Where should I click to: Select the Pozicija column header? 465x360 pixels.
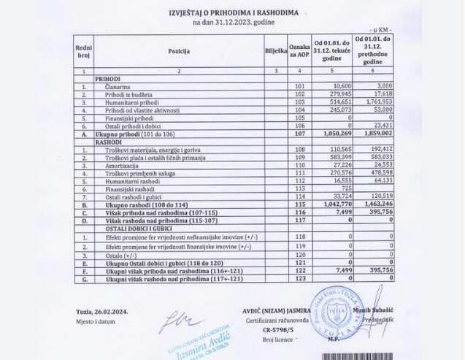click(179, 50)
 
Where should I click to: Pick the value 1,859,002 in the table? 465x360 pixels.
click(373, 134)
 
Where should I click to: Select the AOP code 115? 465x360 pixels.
click(298, 205)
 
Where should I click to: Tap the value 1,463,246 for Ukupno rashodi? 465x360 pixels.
click(373, 205)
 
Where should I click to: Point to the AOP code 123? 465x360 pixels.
click(298, 278)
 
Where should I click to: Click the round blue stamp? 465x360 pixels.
click(334, 310)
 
